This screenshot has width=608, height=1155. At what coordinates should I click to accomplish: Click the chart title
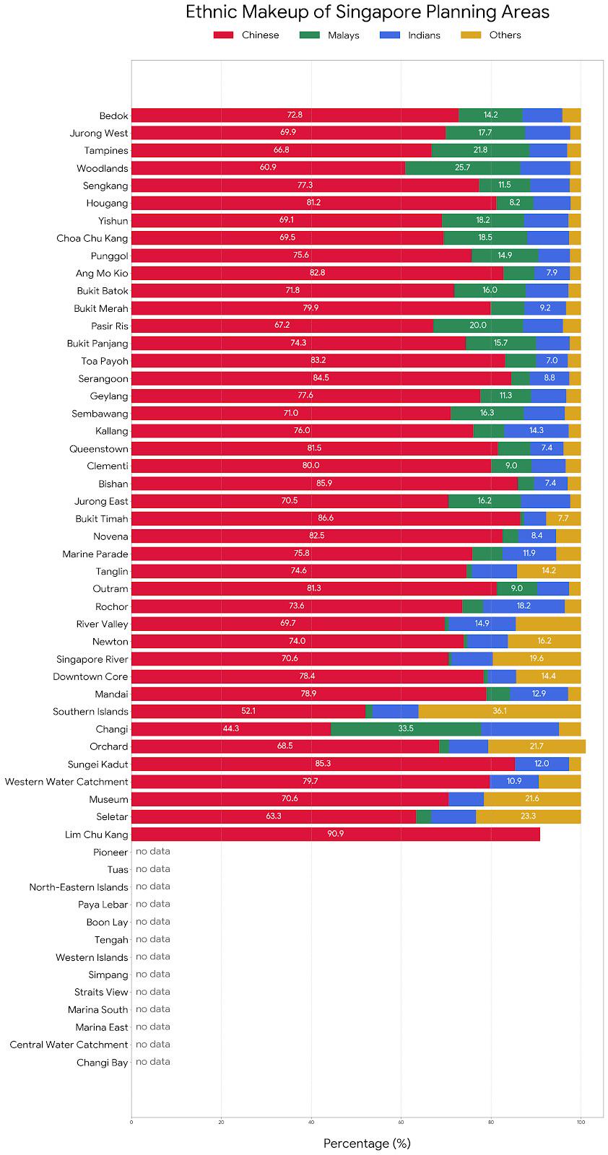tap(367, 12)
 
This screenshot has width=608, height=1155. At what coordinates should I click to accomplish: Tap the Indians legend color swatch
tap(388, 35)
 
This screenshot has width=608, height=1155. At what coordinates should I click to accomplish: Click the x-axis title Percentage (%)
tap(367, 1143)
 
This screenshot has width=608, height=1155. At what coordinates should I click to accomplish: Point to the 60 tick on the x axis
tap(401, 1122)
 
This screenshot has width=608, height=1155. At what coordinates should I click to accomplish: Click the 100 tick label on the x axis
tap(581, 1122)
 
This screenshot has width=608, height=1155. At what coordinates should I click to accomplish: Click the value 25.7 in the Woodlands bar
tap(462, 168)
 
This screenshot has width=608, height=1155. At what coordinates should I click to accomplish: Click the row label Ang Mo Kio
tap(102, 274)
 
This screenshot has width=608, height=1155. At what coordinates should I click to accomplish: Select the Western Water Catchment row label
tap(66, 782)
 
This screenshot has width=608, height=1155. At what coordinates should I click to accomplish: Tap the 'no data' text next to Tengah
tap(153, 939)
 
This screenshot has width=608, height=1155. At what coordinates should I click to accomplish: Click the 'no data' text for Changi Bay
tap(153, 1062)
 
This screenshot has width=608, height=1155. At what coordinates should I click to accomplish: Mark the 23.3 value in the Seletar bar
tap(527, 816)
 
